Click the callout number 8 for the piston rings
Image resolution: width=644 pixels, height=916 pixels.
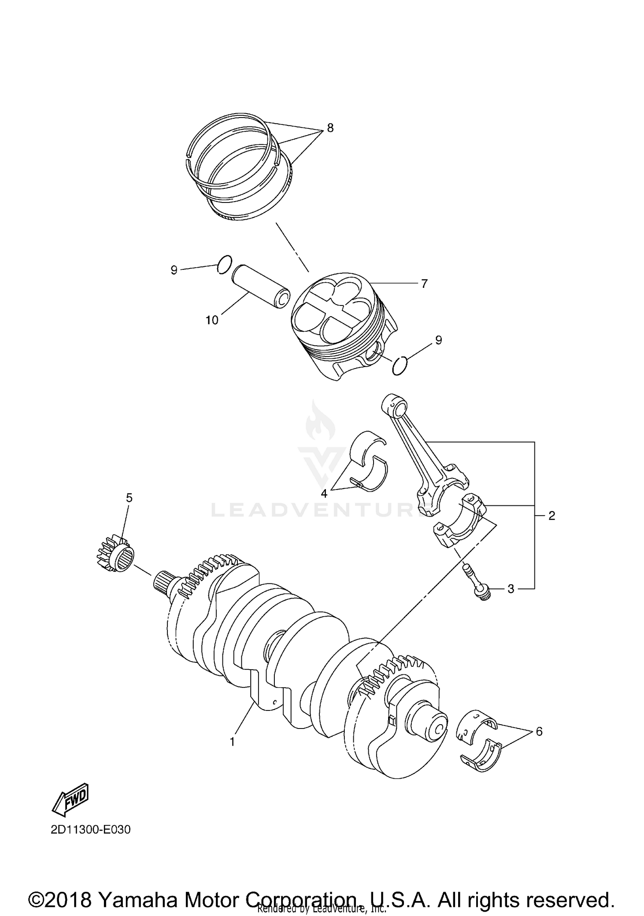click(330, 128)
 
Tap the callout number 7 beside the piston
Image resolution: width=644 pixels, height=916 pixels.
click(424, 284)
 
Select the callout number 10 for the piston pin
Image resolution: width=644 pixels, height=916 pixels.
click(212, 320)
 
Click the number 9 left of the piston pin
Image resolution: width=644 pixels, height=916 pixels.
click(174, 270)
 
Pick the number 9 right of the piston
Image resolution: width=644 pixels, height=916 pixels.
click(438, 340)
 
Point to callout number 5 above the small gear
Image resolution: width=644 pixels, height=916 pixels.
click(129, 498)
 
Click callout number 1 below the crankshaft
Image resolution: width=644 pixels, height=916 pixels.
click(232, 741)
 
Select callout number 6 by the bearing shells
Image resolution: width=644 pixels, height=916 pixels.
click(539, 732)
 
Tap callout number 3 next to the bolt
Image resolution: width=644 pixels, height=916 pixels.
click(510, 589)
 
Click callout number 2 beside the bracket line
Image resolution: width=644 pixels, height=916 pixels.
click(552, 516)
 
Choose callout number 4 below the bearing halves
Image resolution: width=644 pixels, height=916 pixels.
click(324, 493)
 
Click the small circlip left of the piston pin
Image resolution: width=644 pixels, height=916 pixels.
click(225, 264)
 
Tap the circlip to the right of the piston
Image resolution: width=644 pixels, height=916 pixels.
click(400, 365)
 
